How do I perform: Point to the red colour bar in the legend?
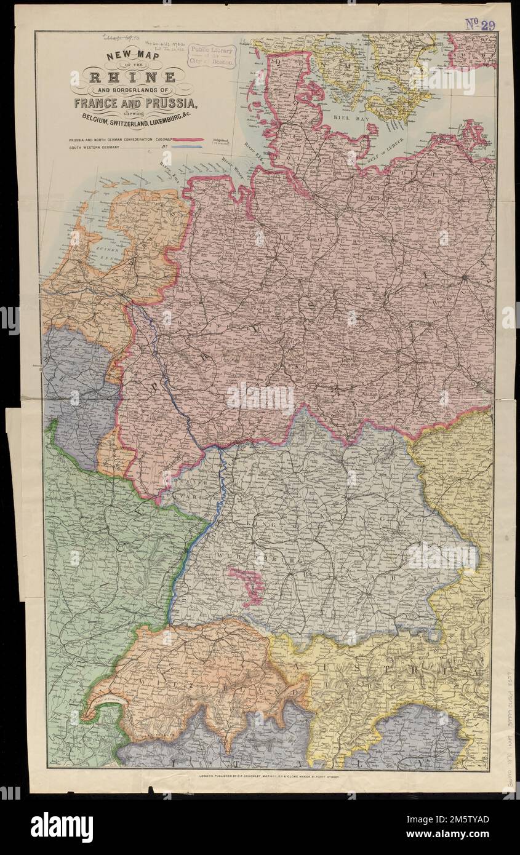tap(188, 140)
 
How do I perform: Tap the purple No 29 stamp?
tap(481, 24)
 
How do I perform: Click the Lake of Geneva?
tap(107, 701)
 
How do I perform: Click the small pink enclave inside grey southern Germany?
tap(247, 584)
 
